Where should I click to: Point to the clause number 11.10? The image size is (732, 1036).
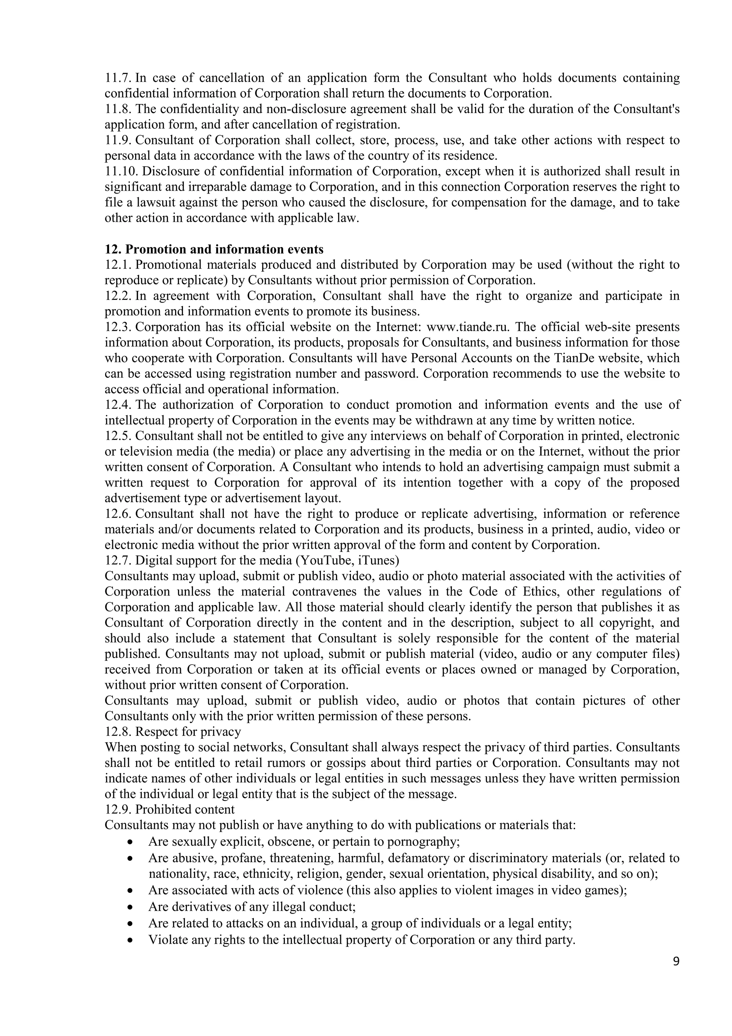tap(121, 171)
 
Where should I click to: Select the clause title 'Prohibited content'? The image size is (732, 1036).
tap(185, 810)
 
